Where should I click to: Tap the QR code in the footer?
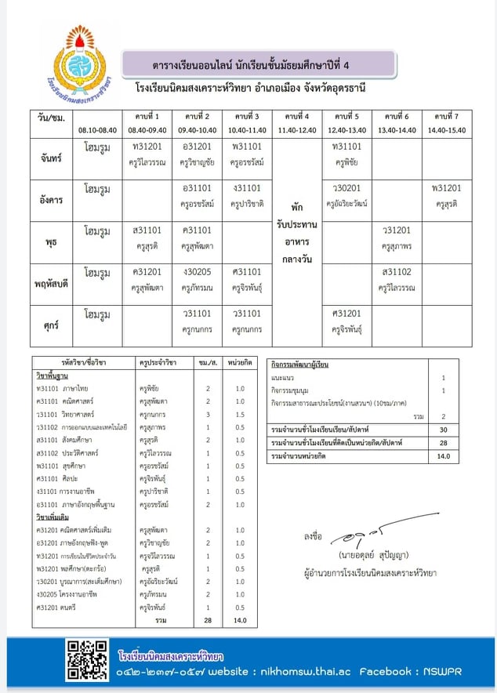point(87,659)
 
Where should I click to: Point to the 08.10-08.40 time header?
point(96,130)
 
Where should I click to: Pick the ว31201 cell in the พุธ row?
point(398,231)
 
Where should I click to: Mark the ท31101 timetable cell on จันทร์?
point(347,147)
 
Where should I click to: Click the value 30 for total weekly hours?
point(443,430)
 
